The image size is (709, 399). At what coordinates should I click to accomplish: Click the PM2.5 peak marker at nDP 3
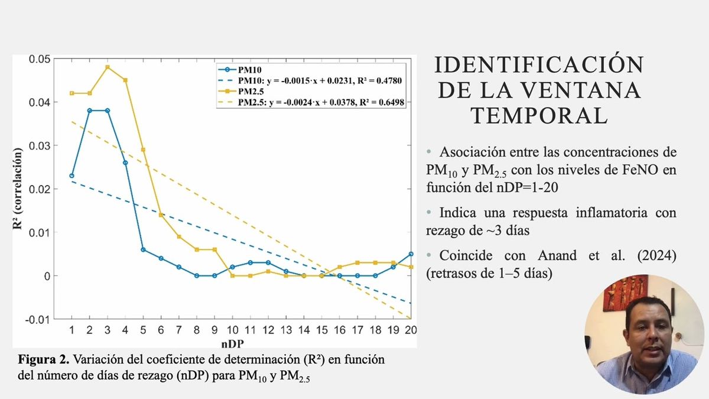[108, 67]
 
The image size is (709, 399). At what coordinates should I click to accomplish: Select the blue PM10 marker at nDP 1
[71, 176]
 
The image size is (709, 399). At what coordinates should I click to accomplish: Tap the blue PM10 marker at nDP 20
[411, 254]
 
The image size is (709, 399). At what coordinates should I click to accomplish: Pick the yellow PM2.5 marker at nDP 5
[144, 150]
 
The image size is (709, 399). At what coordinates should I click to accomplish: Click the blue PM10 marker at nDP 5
[144, 249]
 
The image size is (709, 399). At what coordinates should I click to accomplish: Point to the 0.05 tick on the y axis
[40, 59]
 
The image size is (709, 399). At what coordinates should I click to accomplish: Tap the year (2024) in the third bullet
[655, 257]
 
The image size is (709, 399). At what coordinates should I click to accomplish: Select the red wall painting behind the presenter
[620, 293]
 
